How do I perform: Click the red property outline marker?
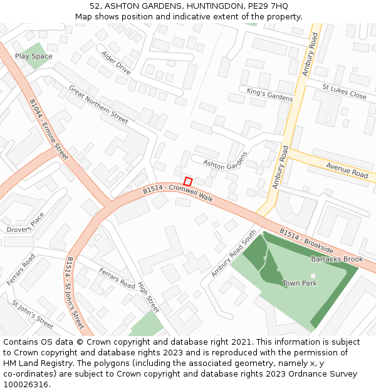[x=187, y=181]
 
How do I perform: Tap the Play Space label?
[x=34, y=56]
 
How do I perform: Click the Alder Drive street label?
[x=116, y=63]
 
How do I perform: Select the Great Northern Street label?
[x=98, y=104]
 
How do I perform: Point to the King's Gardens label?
[x=269, y=94]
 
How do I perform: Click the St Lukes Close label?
[x=344, y=91]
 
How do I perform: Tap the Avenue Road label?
[x=347, y=169]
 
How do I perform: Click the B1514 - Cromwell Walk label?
[x=178, y=192]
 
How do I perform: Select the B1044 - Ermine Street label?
[x=49, y=129]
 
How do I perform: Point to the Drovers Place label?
[x=26, y=223]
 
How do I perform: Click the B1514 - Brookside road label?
[x=306, y=241]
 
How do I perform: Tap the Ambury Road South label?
[x=234, y=254]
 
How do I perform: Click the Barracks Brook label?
[x=337, y=259]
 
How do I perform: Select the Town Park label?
[x=300, y=283]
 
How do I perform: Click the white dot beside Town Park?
[x=313, y=276]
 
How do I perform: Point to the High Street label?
[x=149, y=297]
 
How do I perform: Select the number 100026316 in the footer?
[x=24, y=384]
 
